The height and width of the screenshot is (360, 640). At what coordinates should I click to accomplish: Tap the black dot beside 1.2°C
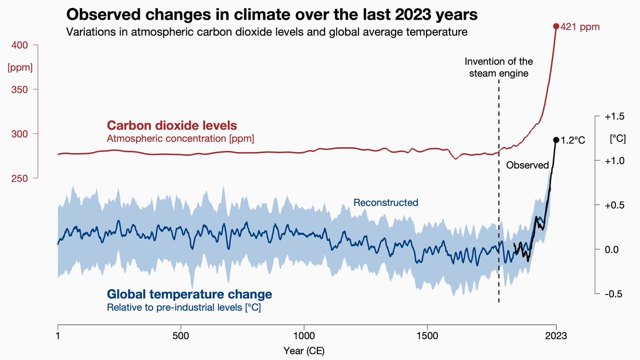click(556, 140)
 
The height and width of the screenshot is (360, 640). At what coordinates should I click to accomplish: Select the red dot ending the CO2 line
click(556, 26)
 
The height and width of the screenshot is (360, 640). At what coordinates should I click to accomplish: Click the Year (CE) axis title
click(303, 350)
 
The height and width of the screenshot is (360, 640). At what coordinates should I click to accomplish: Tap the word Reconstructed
click(386, 203)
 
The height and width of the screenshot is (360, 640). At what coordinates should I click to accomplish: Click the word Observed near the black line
click(527, 165)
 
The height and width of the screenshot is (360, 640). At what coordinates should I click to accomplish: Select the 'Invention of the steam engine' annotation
click(499, 68)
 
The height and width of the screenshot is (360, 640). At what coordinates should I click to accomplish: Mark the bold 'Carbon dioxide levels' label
click(172, 126)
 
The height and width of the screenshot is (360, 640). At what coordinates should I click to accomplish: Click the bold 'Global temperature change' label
click(189, 294)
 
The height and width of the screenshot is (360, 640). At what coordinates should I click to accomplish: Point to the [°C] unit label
click(618, 138)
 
